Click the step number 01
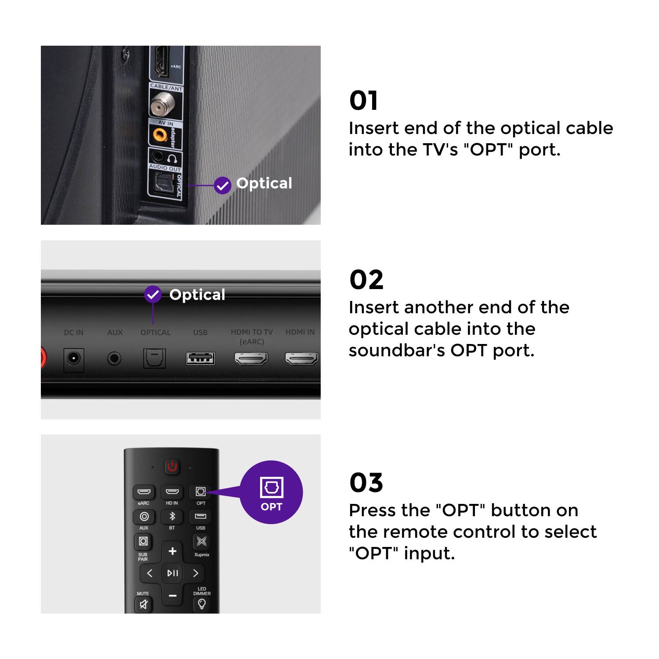point(363,101)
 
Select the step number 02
point(366,279)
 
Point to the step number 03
point(366,482)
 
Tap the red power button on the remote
point(172,467)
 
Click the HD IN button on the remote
point(172,492)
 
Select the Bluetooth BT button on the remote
point(172,516)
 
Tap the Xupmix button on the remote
point(201,541)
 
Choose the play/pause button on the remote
point(172,573)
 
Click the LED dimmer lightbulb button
point(202,604)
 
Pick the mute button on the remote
point(143,605)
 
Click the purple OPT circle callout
point(271,492)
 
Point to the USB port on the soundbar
point(200,358)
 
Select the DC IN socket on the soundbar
point(73,359)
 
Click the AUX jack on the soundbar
point(114,359)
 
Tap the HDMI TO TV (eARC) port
point(251,358)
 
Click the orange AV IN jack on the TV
point(160,134)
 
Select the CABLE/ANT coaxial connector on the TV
point(162,105)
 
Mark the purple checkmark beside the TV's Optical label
point(223,185)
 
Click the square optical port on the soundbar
point(155,358)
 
